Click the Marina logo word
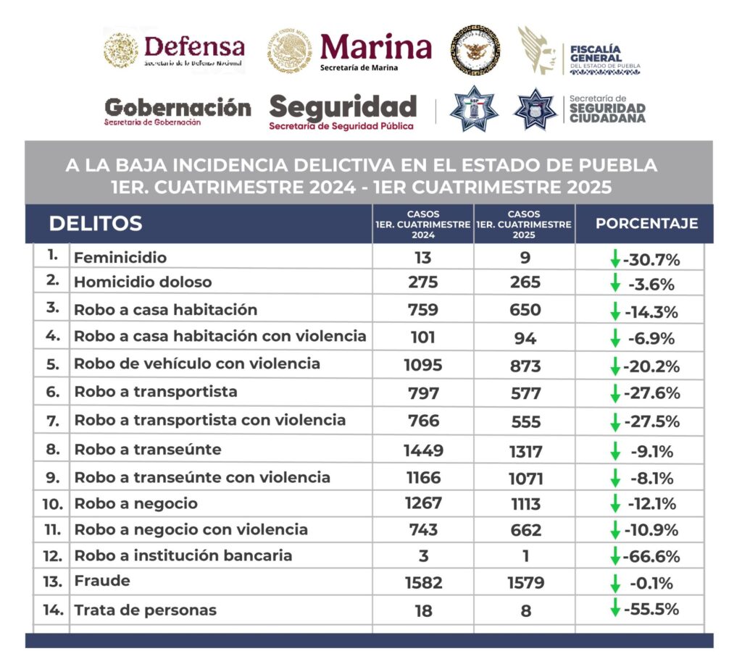click(375, 47)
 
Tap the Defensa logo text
click(194, 47)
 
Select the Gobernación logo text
click(178, 108)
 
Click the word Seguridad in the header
click(343, 107)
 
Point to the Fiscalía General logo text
click(596, 54)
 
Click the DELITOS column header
click(95, 224)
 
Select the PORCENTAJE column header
click(646, 224)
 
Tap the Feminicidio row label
click(120, 258)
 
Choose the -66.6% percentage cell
click(651, 556)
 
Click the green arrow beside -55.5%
click(615, 608)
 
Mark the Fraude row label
click(102, 581)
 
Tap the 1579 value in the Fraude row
click(525, 583)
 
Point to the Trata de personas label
click(145, 610)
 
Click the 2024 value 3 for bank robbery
click(423, 556)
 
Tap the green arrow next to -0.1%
click(615, 583)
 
